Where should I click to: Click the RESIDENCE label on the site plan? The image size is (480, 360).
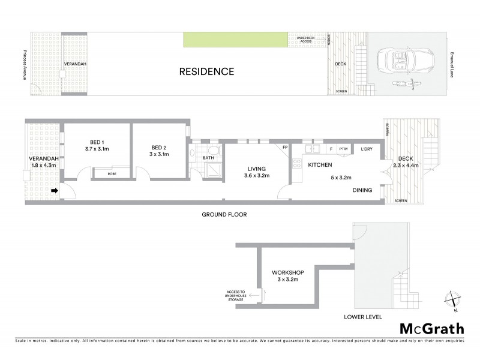pyautogui.click(x=207, y=72)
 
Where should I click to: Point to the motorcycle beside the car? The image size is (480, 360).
pyautogui.click(x=405, y=83)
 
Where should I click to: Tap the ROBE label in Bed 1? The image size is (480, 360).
pyautogui.click(x=112, y=173)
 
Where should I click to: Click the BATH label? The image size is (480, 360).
pyautogui.click(x=208, y=158)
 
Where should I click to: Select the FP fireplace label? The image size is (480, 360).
pyautogui.click(x=285, y=148)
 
